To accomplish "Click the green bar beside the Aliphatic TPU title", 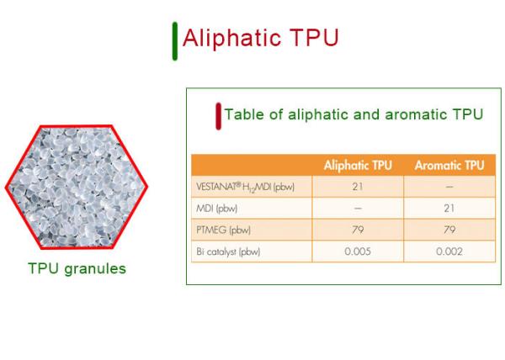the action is tap(175, 41).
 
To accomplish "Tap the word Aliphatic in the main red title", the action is tap(231, 39).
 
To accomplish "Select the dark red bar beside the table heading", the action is tap(218, 116).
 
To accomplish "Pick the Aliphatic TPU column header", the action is tap(358, 166).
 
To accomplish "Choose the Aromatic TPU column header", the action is tap(449, 166).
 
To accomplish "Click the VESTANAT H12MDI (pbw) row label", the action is tap(245, 187).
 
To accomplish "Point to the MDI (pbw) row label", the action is tap(217, 209).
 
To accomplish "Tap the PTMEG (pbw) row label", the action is tap(223, 230).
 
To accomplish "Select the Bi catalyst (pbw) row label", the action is tap(228, 251).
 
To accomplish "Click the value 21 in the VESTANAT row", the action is tap(358, 187).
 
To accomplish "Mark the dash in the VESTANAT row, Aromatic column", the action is tap(449, 187).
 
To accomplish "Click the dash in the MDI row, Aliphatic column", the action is tap(358, 208).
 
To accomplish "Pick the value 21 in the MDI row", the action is tap(449, 208).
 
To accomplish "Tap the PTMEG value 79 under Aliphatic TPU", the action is tap(358, 230).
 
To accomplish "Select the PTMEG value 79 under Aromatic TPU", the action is tap(449, 230).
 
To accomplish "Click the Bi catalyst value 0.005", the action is tap(358, 251).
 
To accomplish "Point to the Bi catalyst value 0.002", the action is tap(449, 251).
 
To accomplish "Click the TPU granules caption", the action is tap(77, 269).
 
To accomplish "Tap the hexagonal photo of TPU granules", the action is tap(77, 187).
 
